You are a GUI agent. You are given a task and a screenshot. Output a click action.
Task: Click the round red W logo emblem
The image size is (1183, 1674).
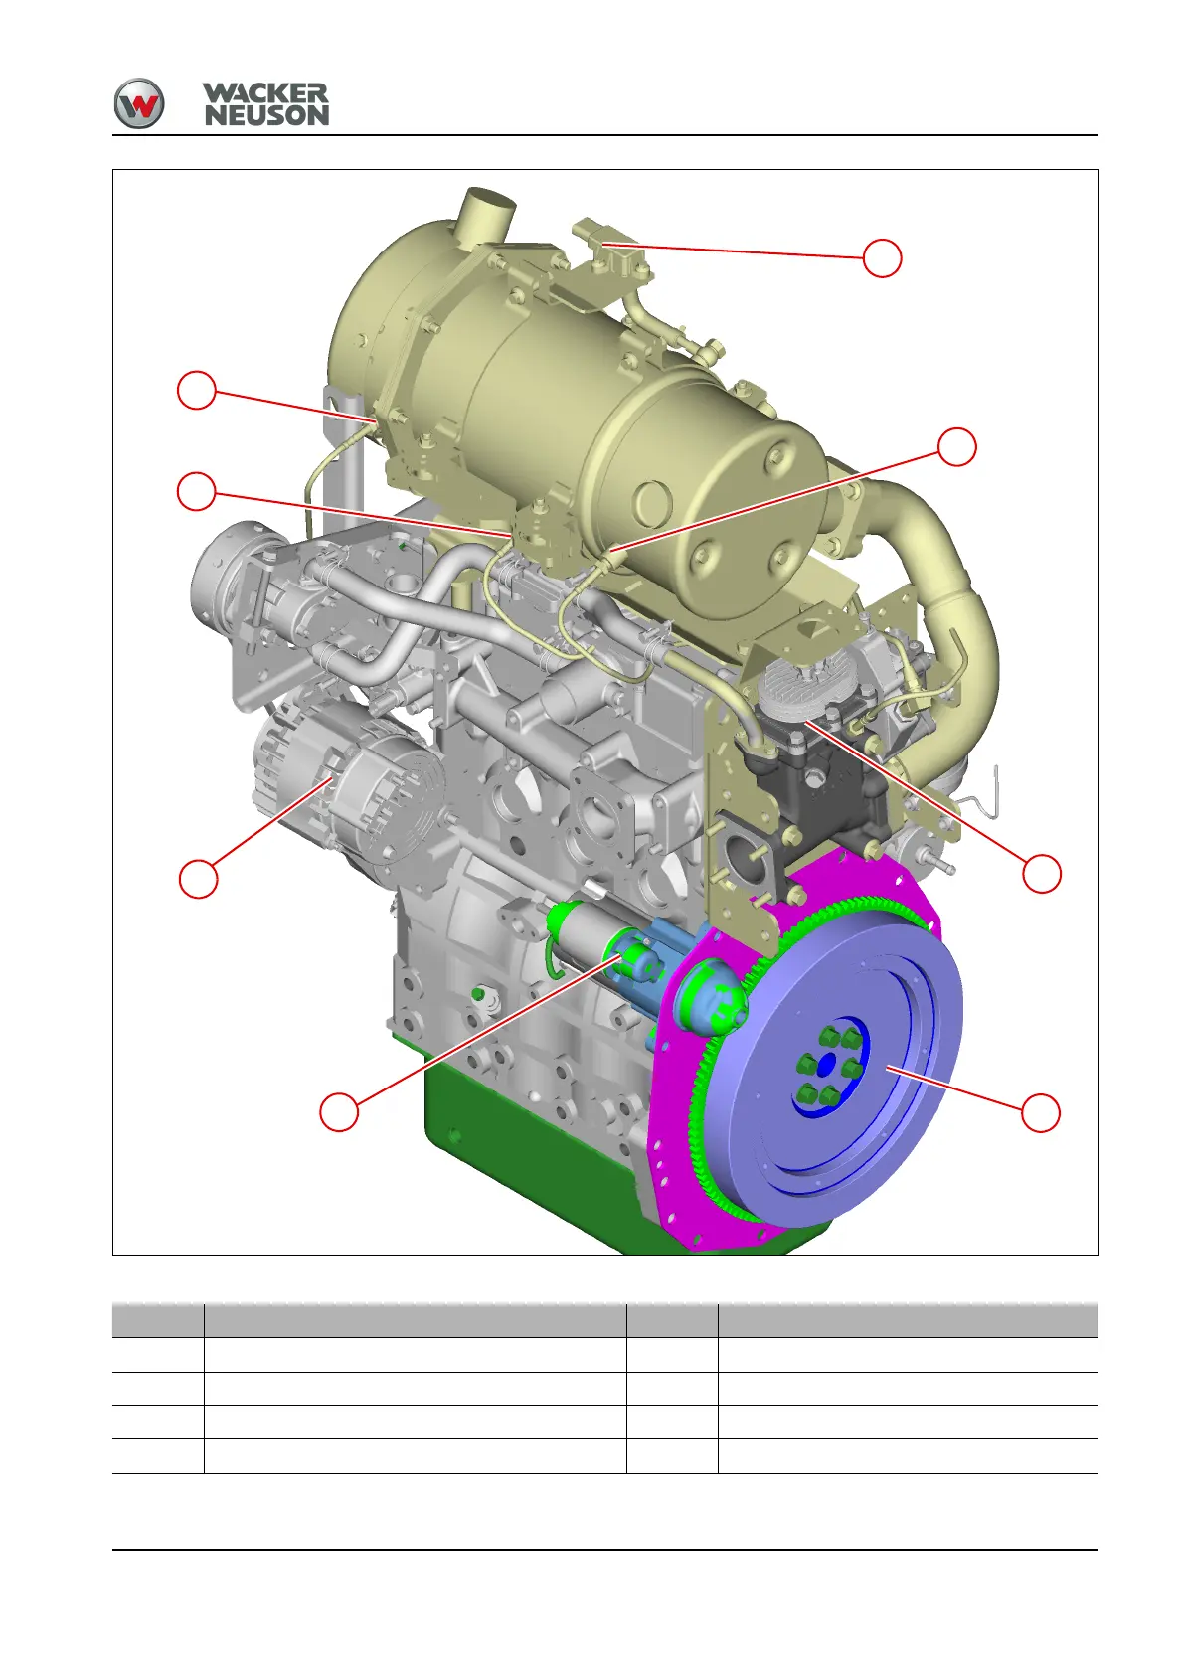139,103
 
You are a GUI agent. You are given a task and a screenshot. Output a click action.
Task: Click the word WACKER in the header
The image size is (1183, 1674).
265,92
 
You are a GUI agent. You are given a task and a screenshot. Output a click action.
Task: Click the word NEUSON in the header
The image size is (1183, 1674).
266,115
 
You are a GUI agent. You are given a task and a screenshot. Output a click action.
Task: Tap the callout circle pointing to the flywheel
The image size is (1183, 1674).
1040,1112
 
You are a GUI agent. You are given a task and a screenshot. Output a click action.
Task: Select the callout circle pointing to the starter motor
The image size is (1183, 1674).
339,1112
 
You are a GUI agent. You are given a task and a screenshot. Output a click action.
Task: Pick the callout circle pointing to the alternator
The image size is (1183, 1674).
198,878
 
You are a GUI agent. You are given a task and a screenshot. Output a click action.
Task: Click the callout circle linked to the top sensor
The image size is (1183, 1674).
882,257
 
